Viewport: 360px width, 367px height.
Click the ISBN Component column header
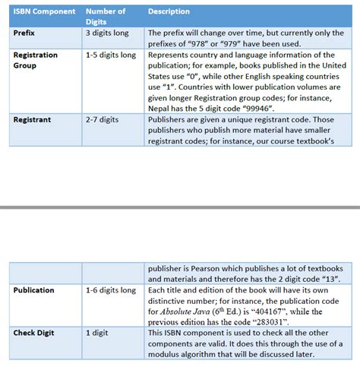pyautogui.click(x=45, y=11)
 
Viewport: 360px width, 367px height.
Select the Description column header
pyautogui.click(x=169, y=11)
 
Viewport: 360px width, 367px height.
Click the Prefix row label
pyautogui.click(x=25, y=33)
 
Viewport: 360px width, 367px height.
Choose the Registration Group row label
pyautogui.click(x=36, y=60)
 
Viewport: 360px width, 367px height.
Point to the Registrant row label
pyautogui.click(x=33, y=119)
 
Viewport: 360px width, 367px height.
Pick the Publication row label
pyautogui.click(x=34, y=290)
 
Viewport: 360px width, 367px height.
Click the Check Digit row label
pyautogui.click(x=35, y=333)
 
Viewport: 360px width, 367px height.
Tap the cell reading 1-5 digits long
pyautogui.click(x=111, y=55)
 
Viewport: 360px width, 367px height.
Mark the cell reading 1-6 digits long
pyautogui.click(x=111, y=290)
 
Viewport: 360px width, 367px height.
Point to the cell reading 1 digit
pyautogui.click(x=97, y=333)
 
